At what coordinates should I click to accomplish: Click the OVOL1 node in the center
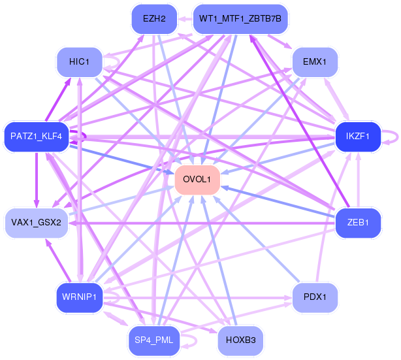(x=197, y=180)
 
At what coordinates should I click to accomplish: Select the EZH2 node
(x=154, y=19)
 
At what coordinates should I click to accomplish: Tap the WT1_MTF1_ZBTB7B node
(x=240, y=19)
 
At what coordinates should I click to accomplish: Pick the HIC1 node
(x=79, y=62)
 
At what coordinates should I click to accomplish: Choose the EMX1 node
(x=315, y=62)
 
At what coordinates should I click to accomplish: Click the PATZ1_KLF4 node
(x=37, y=137)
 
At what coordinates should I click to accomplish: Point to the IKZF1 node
(x=358, y=137)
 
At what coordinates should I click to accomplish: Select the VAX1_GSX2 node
(x=37, y=223)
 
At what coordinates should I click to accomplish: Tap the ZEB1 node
(x=358, y=223)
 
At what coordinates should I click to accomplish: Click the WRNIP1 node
(x=79, y=297)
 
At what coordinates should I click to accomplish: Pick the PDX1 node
(x=315, y=297)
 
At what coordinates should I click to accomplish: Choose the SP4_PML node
(x=154, y=340)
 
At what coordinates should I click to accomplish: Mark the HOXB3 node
(x=240, y=340)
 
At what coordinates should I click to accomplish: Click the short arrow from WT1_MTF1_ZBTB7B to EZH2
(x=185, y=19)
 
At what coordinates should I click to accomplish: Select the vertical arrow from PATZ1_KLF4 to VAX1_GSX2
(x=37, y=180)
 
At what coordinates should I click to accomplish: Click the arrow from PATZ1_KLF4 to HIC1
(x=57, y=99)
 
